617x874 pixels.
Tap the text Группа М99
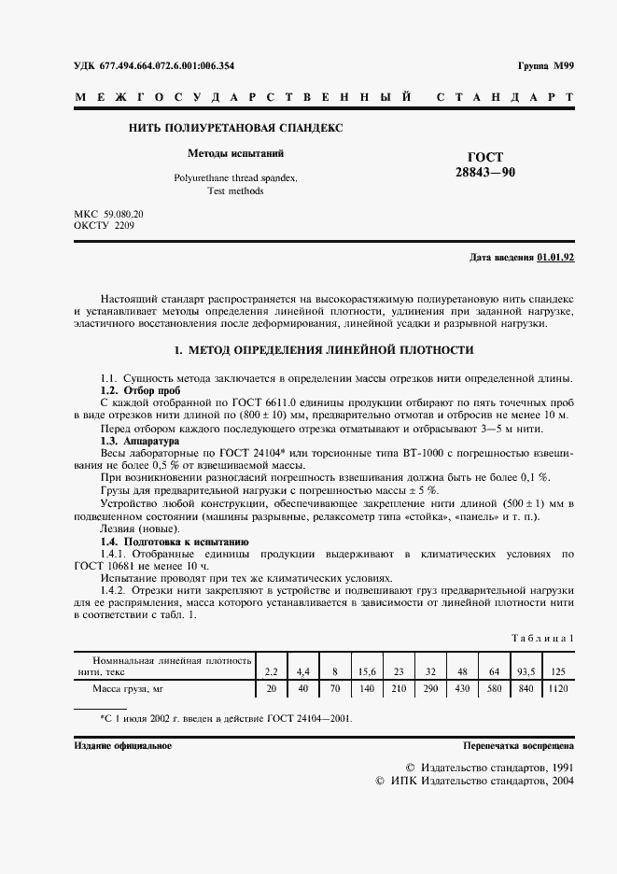tap(545, 66)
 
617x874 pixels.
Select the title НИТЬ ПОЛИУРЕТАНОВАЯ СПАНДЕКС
tap(235, 127)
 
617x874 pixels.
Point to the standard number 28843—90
tap(484, 173)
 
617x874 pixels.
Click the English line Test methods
tap(236, 190)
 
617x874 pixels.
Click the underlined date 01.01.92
tap(556, 257)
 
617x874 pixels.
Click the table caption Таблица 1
tap(542, 638)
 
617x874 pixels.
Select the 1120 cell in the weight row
tap(558, 689)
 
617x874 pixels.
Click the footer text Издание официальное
tap(122, 746)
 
